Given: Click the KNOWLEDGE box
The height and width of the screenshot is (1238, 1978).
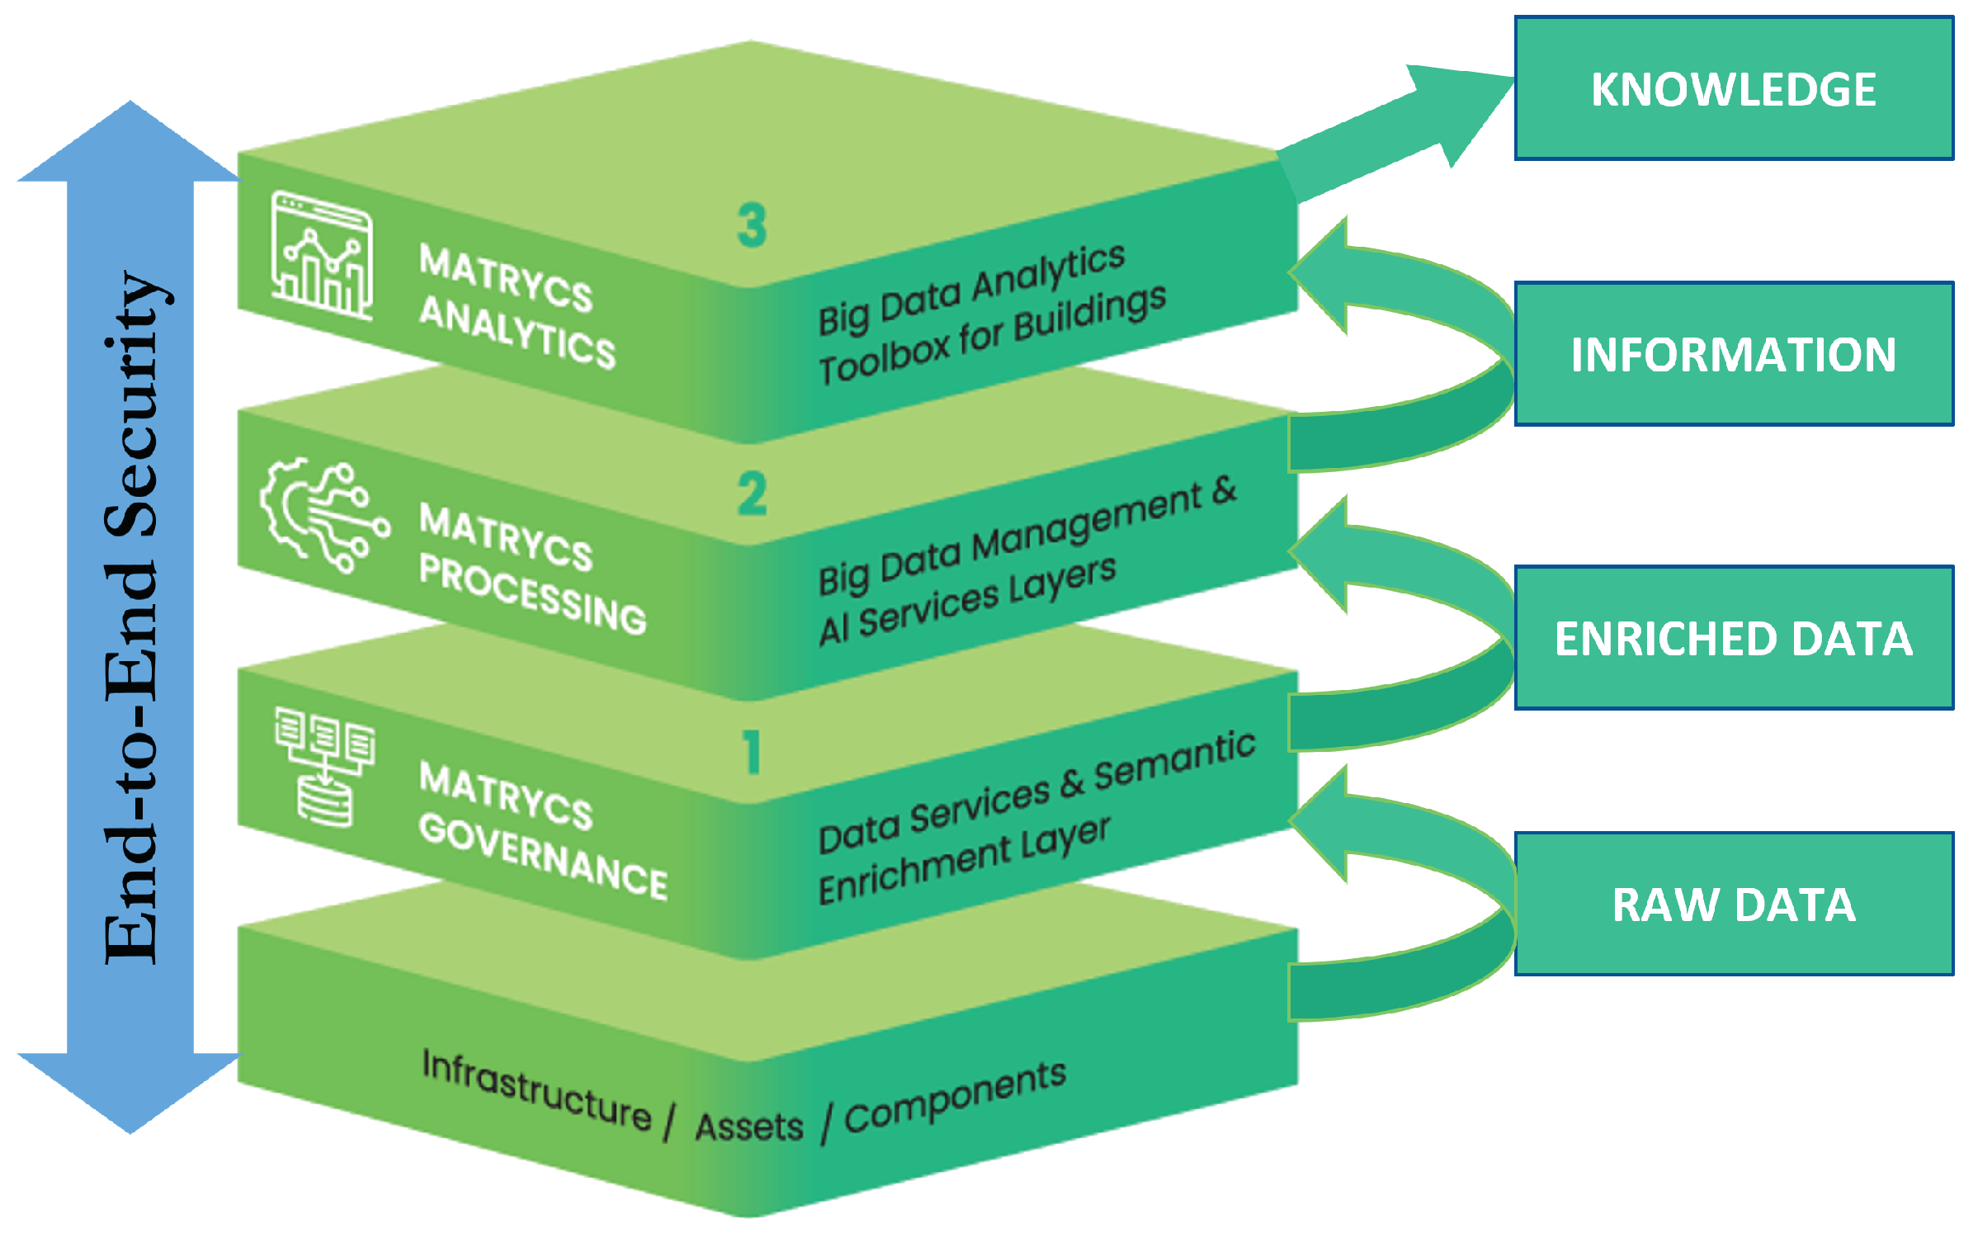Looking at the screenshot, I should pyautogui.click(x=1733, y=88).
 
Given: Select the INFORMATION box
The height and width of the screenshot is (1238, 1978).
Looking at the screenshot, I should pyautogui.click(x=1733, y=354).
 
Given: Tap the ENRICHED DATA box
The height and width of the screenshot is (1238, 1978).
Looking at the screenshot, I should pyautogui.click(x=1733, y=638).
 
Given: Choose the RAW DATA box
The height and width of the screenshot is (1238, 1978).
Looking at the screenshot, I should pyautogui.click(x=1733, y=904).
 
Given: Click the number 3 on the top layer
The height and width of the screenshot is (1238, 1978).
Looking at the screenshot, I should pyautogui.click(x=752, y=225).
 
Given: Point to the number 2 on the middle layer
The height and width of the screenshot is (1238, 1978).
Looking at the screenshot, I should pyautogui.click(x=752, y=494).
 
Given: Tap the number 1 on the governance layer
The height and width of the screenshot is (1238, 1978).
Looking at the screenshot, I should pyautogui.click(x=752, y=752).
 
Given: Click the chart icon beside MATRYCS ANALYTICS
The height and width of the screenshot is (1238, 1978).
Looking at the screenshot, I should pyautogui.click(x=322, y=256).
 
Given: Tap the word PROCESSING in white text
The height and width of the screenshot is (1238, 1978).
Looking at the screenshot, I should pyautogui.click(x=532, y=595).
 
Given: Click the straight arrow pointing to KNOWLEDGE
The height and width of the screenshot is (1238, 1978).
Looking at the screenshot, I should pyautogui.click(x=1395, y=132).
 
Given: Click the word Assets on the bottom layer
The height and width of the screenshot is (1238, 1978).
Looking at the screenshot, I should pyautogui.click(x=748, y=1127).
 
